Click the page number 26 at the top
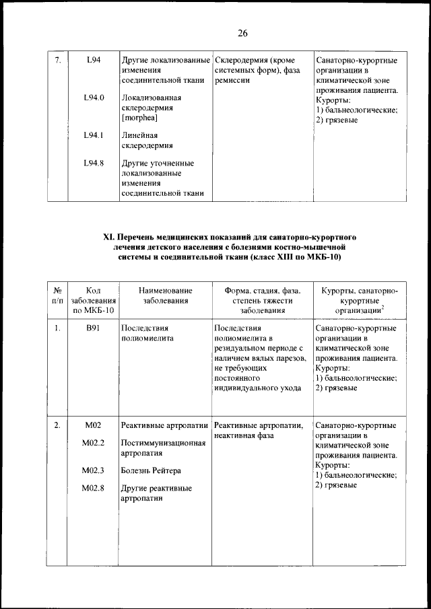pyautogui.click(x=242, y=33)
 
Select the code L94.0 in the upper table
pyautogui.click(x=94, y=98)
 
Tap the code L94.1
pyautogui.click(x=94, y=135)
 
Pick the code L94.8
pyautogui.click(x=94, y=163)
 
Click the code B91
pyautogui.click(x=94, y=328)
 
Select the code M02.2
pyautogui.click(x=94, y=443)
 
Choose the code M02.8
pyautogui.click(x=94, y=488)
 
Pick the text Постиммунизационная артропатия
pyautogui.click(x=162, y=447)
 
